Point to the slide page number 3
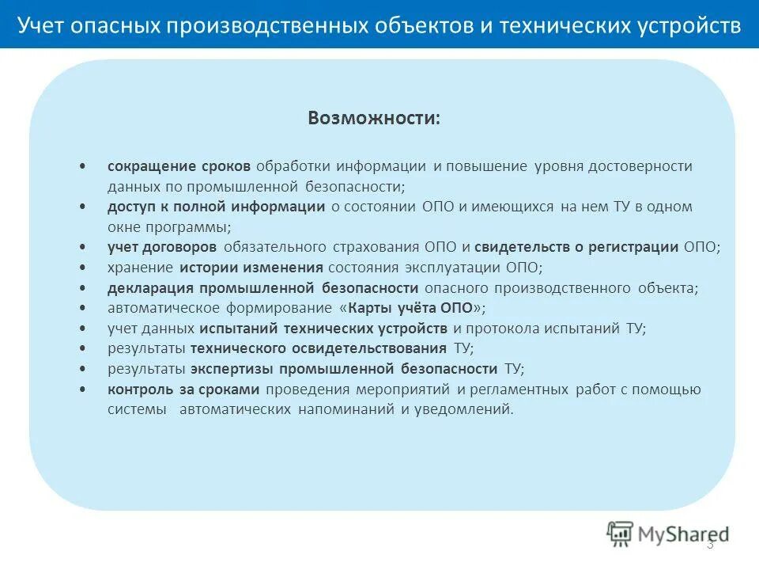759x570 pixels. pyautogui.click(x=709, y=544)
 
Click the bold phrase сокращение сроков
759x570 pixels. pyautogui.click(x=179, y=167)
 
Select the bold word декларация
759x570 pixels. pyautogui.click(x=151, y=288)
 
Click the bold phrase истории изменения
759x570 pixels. pyautogui.click(x=251, y=268)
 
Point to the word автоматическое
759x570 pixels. pyautogui.click(x=162, y=308)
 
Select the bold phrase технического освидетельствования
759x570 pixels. pyautogui.click(x=319, y=348)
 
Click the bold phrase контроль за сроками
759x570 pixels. pyautogui.click(x=183, y=389)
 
